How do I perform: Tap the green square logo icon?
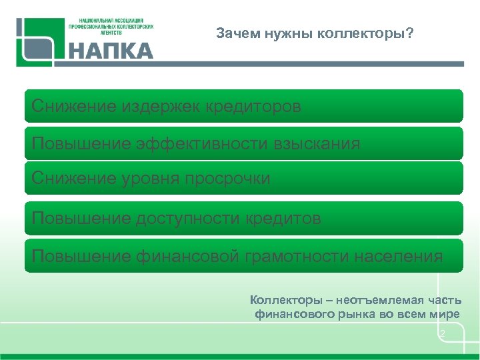[x=39, y=41]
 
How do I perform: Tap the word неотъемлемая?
[x=377, y=300]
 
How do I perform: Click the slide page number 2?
[x=442, y=333]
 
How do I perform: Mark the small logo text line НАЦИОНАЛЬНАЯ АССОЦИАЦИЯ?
[x=111, y=21]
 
